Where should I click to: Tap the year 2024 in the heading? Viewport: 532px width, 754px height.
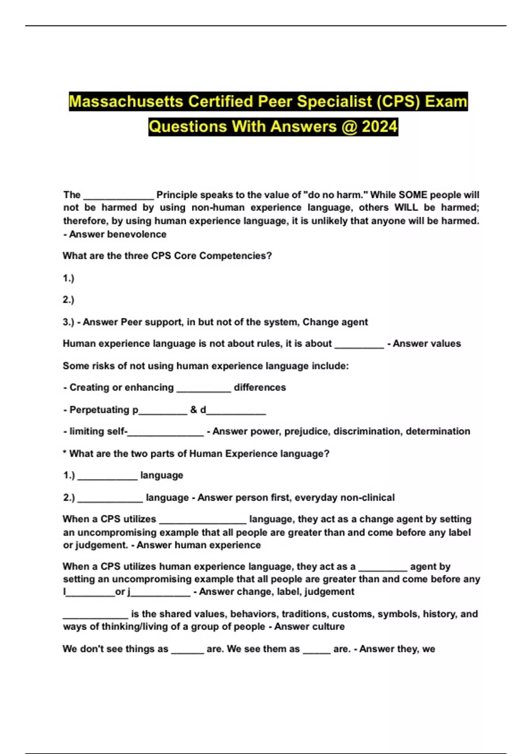379,127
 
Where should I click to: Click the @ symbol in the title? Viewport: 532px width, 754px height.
349,127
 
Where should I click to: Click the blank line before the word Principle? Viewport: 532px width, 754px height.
118,196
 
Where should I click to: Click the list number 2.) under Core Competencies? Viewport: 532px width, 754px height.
68,300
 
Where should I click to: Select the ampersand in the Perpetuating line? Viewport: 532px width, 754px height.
193,410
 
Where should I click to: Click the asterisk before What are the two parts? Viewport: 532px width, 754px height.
65,453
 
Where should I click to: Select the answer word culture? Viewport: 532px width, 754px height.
329,627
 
